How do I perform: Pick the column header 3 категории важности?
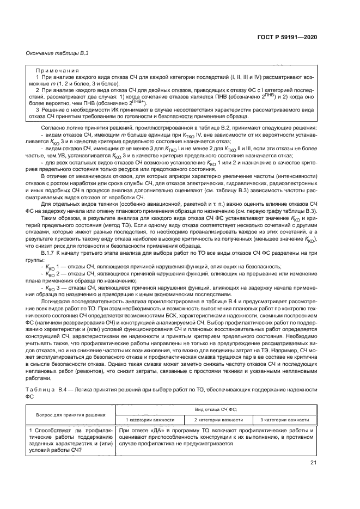tap(284, 420)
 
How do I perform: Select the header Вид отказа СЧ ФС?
tap(216, 409)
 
